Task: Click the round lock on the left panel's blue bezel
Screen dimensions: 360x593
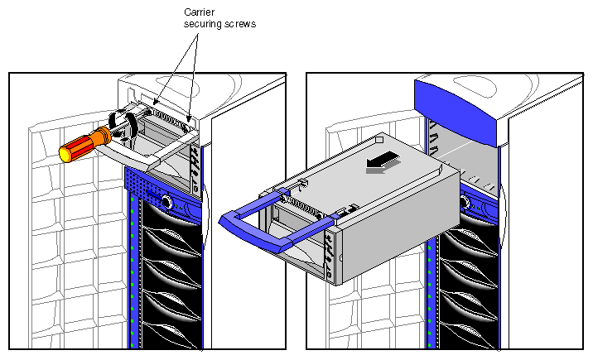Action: pos(166,201)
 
